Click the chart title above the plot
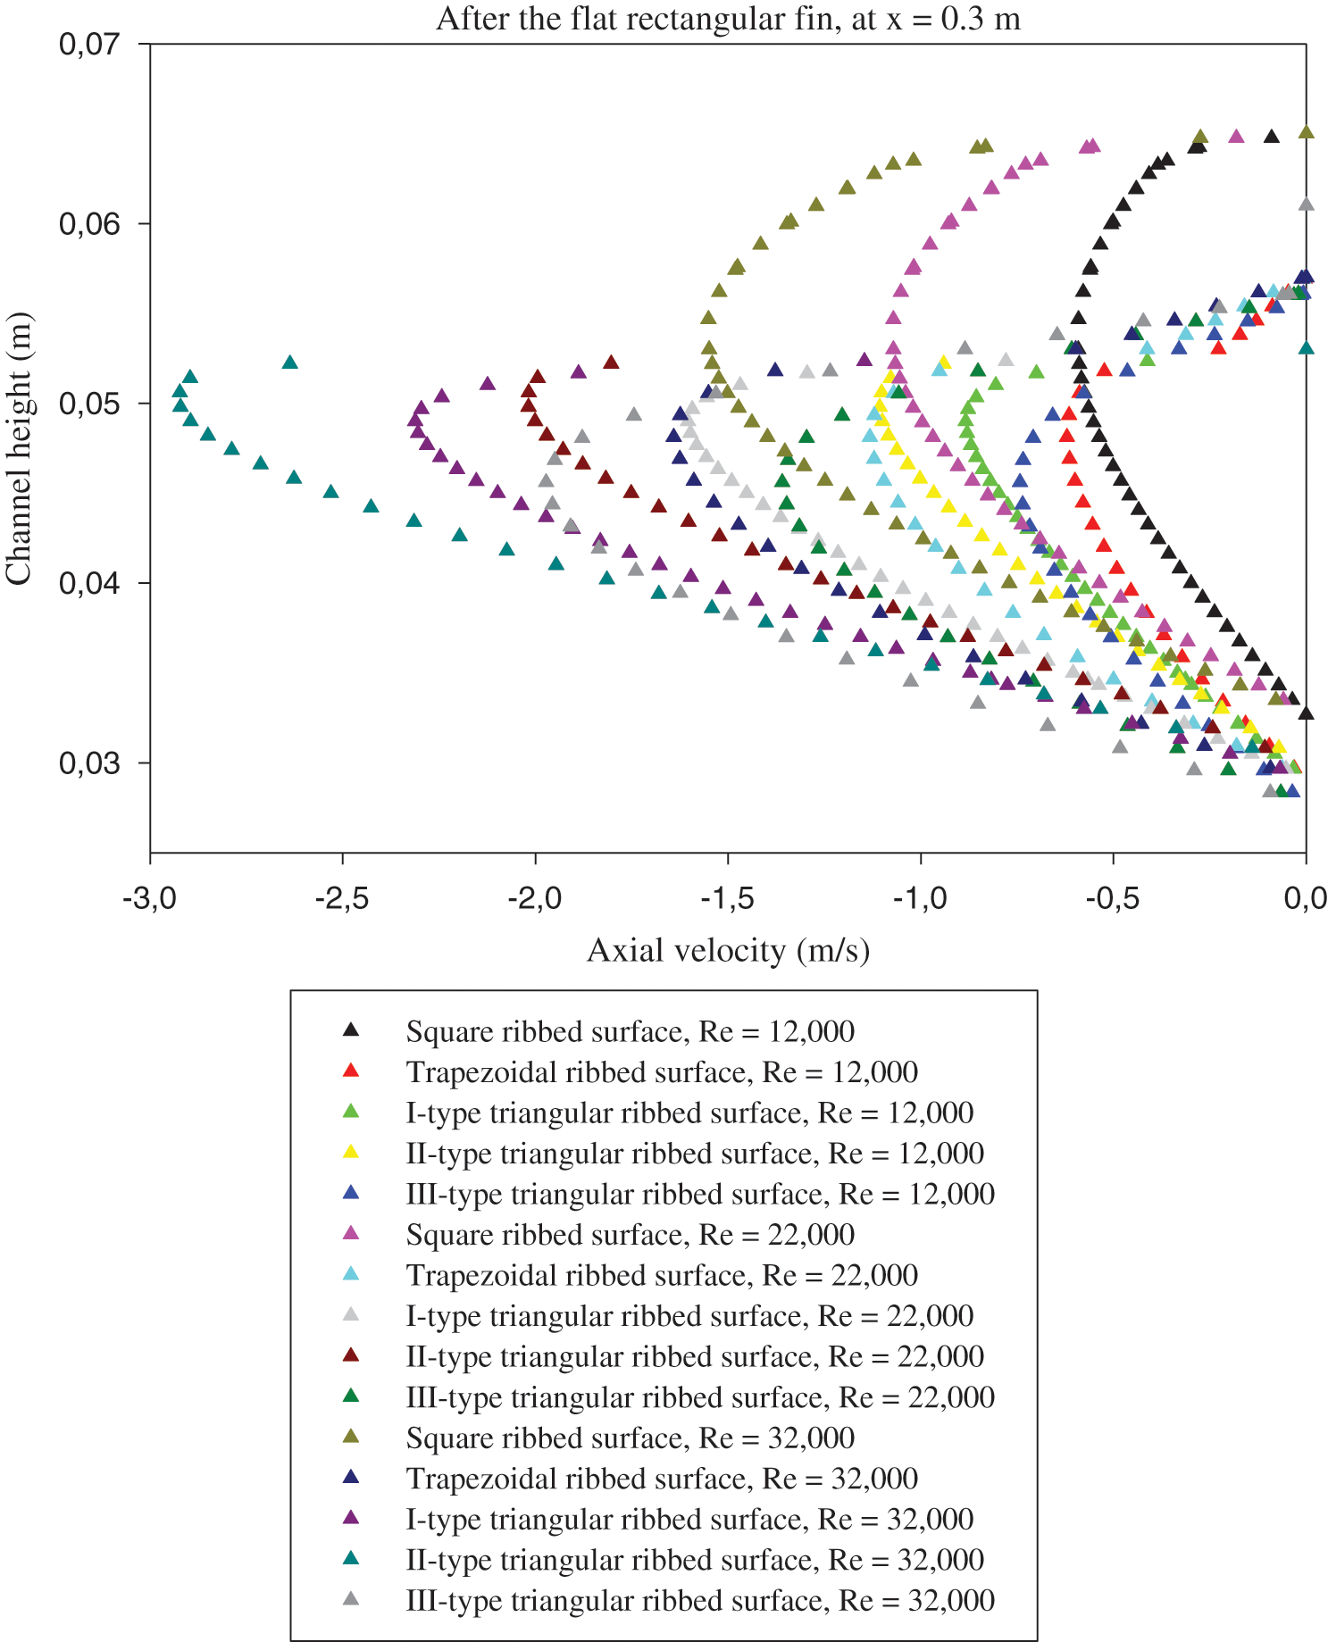tap(728, 20)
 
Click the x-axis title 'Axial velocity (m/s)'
tap(728, 950)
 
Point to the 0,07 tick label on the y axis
tap(89, 44)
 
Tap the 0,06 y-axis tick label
tap(89, 223)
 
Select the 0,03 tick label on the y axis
tap(89, 763)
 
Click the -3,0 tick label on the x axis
tap(150, 897)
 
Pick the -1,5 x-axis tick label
tap(728, 897)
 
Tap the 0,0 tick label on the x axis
tap(1306, 897)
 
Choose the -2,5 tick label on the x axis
tap(343, 897)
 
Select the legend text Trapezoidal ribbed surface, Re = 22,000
tap(662, 1275)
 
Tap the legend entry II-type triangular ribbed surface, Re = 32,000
tap(695, 1560)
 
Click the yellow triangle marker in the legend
tap(351, 1153)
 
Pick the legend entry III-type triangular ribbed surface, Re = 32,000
tap(700, 1601)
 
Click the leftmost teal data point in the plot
tap(180, 391)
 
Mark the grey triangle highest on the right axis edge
tap(1306, 204)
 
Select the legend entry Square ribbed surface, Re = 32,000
tap(630, 1438)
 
